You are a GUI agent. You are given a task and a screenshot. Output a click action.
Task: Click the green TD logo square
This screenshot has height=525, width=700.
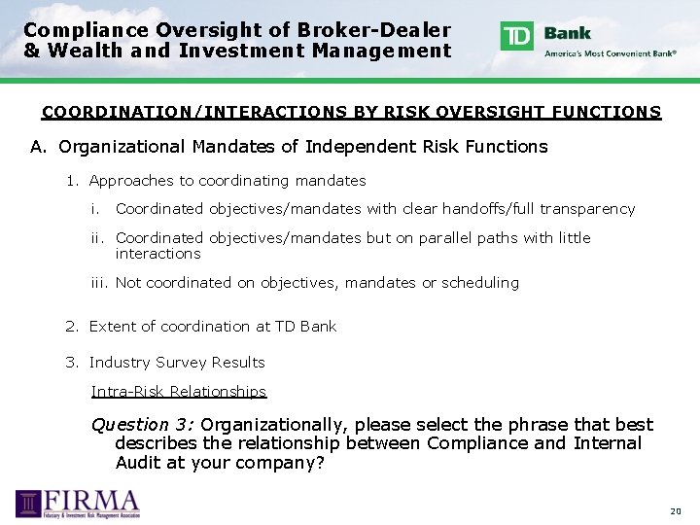(516, 36)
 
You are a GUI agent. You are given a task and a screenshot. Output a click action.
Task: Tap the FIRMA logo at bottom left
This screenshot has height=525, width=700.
(78, 504)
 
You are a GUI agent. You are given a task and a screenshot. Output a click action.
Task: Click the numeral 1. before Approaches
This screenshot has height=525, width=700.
(72, 181)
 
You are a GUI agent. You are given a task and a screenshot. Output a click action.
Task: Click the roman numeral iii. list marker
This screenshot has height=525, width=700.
(100, 283)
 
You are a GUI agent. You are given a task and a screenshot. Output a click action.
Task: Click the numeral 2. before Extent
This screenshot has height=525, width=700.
(72, 327)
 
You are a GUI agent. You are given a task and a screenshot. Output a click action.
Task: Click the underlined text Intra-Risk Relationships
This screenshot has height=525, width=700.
(179, 392)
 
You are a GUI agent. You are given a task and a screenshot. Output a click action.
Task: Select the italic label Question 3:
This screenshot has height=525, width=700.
(143, 425)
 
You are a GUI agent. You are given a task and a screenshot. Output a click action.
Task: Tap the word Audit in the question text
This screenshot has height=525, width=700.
(139, 463)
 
